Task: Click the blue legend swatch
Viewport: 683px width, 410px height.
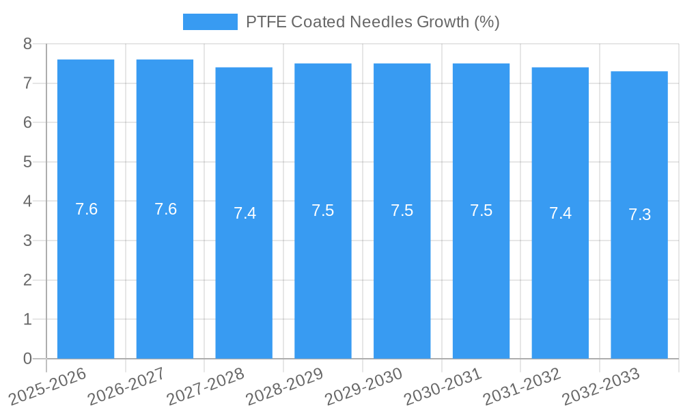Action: [x=210, y=22]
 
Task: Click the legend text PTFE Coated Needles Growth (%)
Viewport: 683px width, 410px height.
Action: [x=372, y=22]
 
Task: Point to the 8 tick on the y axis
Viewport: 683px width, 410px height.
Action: [x=27, y=44]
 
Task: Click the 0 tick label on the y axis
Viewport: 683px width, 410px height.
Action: [x=27, y=359]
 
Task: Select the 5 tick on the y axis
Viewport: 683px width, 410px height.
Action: [x=27, y=162]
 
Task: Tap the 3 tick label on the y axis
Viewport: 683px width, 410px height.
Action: [x=27, y=241]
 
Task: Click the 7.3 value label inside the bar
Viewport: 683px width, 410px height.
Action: [x=639, y=215]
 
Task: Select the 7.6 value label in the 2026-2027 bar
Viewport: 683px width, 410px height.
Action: [x=165, y=209]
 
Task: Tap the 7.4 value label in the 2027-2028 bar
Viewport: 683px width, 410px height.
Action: [x=245, y=213]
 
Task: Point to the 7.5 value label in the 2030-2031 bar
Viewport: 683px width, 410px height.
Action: [x=481, y=210]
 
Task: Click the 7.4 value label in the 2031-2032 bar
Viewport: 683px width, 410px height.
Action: [x=560, y=213]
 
